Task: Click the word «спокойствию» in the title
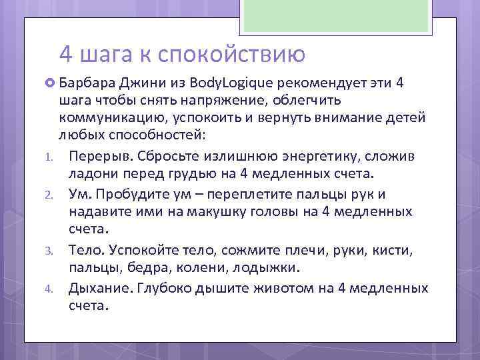(232, 53)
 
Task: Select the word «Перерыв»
(98, 156)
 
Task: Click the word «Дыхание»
(99, 288)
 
